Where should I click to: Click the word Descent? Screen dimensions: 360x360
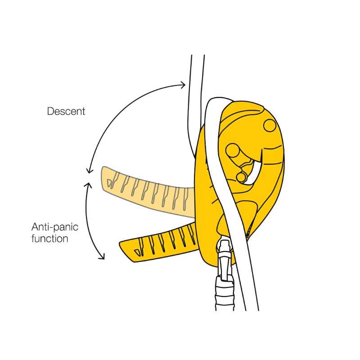66,111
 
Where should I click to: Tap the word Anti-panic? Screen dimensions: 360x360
54,227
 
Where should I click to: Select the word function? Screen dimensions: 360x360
49,238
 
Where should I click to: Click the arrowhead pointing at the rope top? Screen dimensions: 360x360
183,85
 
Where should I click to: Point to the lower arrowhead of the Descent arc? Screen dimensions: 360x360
89,170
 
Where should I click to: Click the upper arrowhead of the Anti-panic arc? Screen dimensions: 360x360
88,185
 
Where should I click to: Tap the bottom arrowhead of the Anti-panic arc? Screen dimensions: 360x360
102,256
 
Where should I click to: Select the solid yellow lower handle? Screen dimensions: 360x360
158,243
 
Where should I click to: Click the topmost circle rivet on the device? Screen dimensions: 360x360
270,126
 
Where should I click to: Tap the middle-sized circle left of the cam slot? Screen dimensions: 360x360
232,151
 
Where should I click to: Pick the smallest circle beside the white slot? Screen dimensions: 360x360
241,177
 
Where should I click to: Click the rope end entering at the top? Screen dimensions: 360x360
198,56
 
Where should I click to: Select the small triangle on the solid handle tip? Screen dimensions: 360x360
137,252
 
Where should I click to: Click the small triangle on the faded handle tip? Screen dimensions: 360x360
109,182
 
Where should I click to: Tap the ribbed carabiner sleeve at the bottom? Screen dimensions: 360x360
225,294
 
